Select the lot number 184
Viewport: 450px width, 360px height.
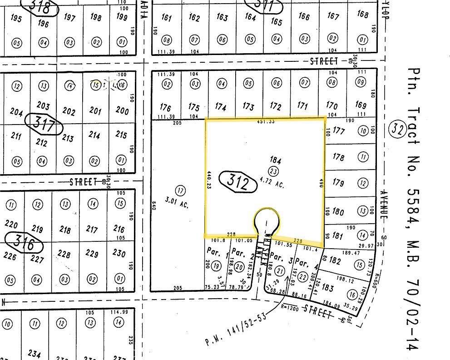coord(276,160)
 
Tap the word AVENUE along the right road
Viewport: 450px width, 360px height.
coord(382,205)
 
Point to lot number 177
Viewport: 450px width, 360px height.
coord(339,131)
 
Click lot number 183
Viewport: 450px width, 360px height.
coord(328,288)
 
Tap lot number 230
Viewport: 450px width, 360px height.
coord(119,253)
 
